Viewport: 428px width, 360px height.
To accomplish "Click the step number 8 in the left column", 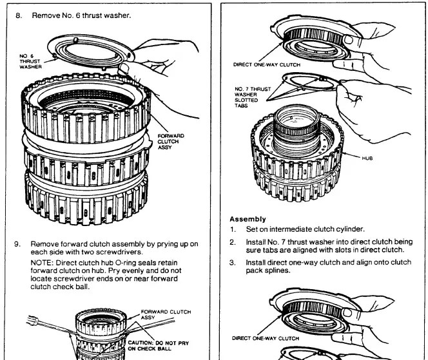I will click(x=19, y=14).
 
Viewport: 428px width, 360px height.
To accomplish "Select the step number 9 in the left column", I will click(x=19, y=244).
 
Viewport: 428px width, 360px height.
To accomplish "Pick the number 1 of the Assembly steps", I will click(x=232, y=229).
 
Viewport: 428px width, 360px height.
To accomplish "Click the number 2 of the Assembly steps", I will click(x=232, y=242).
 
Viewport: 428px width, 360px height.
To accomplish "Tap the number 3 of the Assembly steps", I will click(x=232, y=263).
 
